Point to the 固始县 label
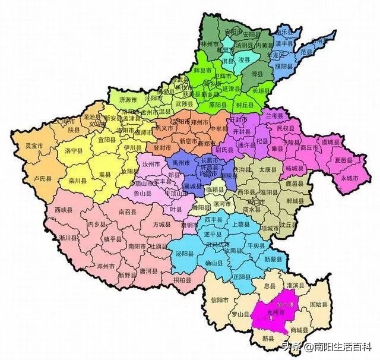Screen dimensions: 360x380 [318, 305]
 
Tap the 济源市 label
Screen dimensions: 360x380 [127, 100]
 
